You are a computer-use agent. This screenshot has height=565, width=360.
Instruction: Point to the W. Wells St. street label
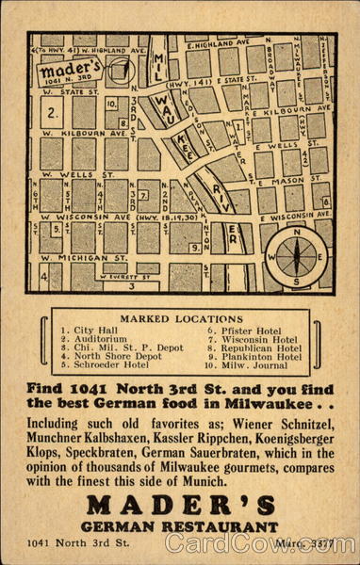click(x=68, y=174)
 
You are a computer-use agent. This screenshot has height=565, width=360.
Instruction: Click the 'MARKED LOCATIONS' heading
click(x=178, y=319)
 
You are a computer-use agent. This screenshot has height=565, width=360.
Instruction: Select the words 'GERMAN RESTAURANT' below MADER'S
click(x=179, y=525)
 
